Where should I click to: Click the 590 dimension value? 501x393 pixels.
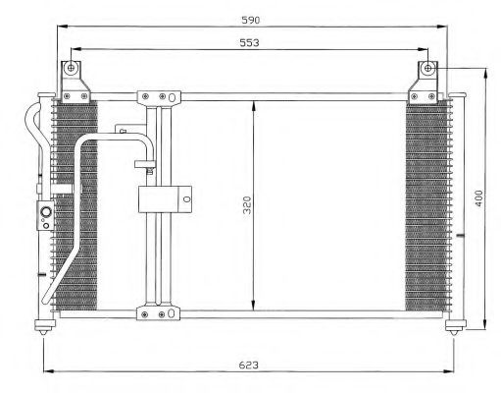251,21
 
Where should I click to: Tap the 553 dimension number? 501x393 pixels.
249,43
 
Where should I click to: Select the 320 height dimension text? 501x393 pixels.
248,205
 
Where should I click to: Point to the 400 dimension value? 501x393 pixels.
478,198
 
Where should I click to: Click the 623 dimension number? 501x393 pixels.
249,365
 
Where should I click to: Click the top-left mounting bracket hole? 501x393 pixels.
71,68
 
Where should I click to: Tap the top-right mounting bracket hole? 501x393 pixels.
428,69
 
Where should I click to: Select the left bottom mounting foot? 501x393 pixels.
44,327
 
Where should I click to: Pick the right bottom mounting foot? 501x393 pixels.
455,327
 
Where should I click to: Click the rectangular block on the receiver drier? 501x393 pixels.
165,199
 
